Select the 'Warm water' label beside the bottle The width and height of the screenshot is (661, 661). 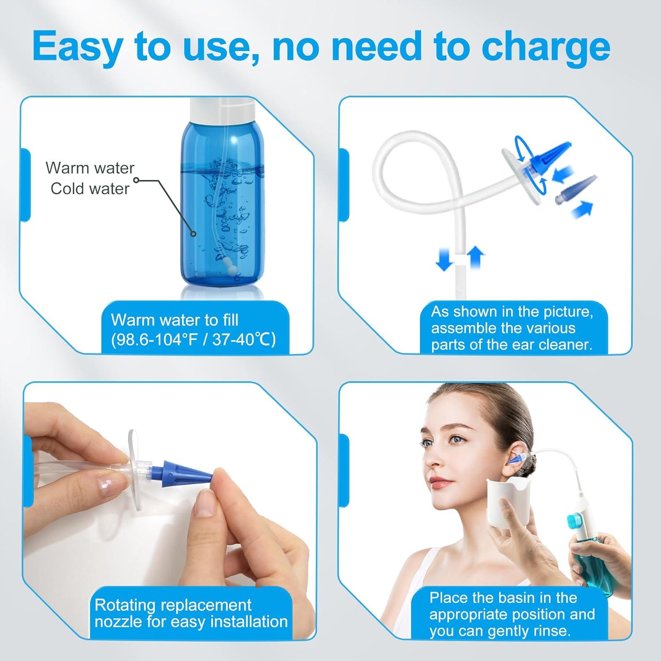90,168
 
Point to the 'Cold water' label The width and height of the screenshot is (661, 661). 90,189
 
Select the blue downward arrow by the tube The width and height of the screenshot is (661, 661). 444,260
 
